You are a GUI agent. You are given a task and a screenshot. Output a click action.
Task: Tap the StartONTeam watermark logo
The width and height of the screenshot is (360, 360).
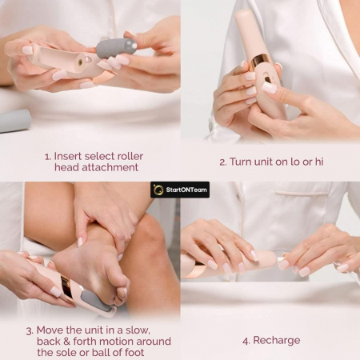pos(180,190)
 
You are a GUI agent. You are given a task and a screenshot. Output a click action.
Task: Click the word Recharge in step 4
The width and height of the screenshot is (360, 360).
pos(277,341)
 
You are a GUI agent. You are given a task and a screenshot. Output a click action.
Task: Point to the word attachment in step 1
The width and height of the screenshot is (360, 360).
pos(110,167)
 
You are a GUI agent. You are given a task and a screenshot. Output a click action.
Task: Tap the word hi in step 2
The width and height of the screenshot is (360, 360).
pos(319,162)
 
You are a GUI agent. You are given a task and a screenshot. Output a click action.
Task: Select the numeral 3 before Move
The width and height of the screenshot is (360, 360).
pos(29,331)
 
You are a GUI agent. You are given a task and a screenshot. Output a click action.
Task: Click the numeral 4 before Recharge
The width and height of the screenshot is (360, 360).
pos(246,341)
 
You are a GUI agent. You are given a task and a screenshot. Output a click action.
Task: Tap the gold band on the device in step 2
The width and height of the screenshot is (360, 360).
pos(259,62)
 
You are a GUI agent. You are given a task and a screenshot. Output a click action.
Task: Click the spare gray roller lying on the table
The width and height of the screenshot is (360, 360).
pos(14,121)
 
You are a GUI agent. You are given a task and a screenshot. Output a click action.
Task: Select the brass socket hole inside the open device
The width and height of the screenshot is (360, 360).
pos(80,62)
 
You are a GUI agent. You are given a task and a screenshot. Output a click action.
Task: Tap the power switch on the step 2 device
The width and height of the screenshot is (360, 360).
pos(267,79)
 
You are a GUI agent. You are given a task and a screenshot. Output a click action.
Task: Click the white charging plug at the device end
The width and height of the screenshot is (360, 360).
pos(282,259)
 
